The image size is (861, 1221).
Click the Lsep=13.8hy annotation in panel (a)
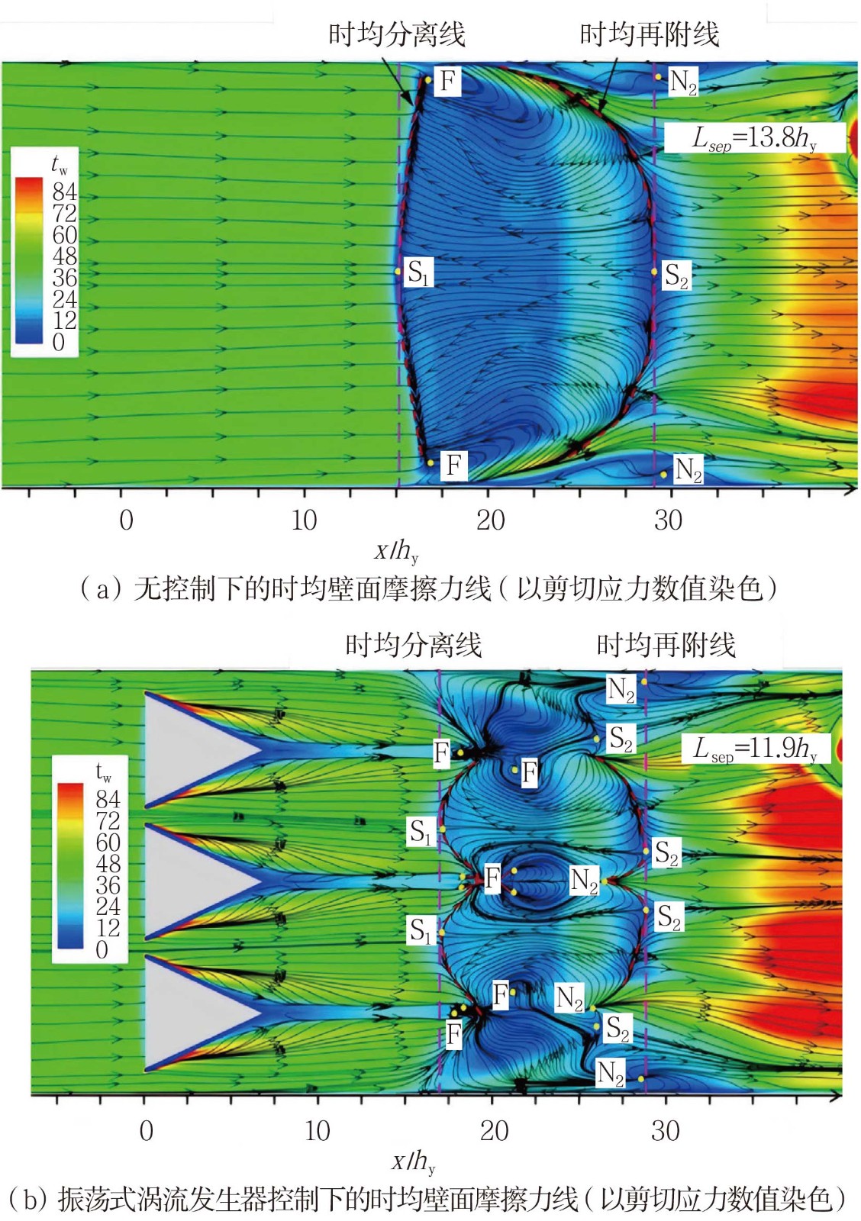tap(754, 138)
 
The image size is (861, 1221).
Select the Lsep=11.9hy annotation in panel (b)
tap(755, 749)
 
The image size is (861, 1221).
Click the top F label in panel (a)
tap(448, 80)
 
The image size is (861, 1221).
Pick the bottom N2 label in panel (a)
tap(688, 470)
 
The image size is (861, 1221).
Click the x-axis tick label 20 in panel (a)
tap(490, 520)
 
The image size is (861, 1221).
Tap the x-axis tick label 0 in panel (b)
tap(147, 1131)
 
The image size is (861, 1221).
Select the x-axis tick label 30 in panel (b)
tap(666, 1131)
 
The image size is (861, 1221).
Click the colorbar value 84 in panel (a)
tap(65, 191)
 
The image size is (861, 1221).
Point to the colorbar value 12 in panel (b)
tap(108, 928)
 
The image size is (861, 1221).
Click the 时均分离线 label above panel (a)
tap(396, 34)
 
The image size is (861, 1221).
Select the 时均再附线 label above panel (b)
tap(666, 646)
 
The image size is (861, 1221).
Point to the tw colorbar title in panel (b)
tap(104, 773)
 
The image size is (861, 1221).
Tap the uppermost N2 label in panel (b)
tap(621, 689)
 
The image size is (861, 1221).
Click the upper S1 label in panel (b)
tap(421, 831)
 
